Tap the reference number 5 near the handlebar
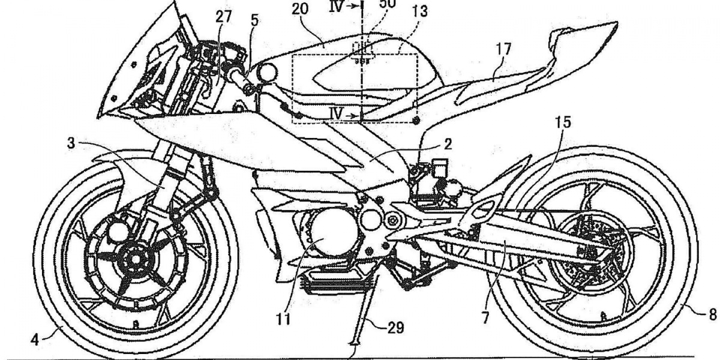(256, 19)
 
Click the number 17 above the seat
(504, 50)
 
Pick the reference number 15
(563, 122)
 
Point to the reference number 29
(395, 328)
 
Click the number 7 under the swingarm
(484, 317)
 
